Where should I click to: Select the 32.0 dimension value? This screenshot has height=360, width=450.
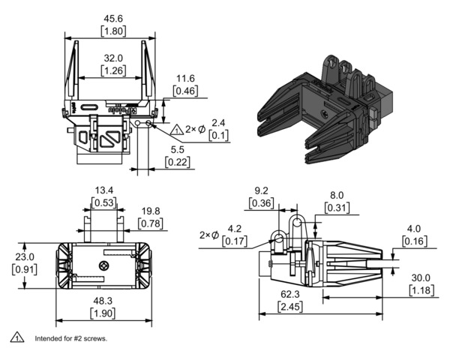(112, 58)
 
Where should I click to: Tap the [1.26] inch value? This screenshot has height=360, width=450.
(112, 70)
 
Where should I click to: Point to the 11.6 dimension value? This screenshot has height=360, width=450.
(186, 78)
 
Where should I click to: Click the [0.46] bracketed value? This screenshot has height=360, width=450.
(186, 91)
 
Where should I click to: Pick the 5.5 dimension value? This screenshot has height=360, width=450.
(177, 149)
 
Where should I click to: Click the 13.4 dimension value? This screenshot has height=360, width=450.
(103, 189)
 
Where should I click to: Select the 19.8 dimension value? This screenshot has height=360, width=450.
(151, 212)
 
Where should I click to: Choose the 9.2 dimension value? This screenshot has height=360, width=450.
(262, 190)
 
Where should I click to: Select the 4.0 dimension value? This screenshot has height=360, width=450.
(414, 229)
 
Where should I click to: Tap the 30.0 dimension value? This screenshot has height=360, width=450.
(421, 277)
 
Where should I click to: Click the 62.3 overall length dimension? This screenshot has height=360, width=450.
(291, 295)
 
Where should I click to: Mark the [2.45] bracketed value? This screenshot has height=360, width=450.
(291, 307)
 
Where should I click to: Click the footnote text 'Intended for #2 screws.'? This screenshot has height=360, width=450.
(70, 338)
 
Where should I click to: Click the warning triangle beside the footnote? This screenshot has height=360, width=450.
(15, 337)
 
